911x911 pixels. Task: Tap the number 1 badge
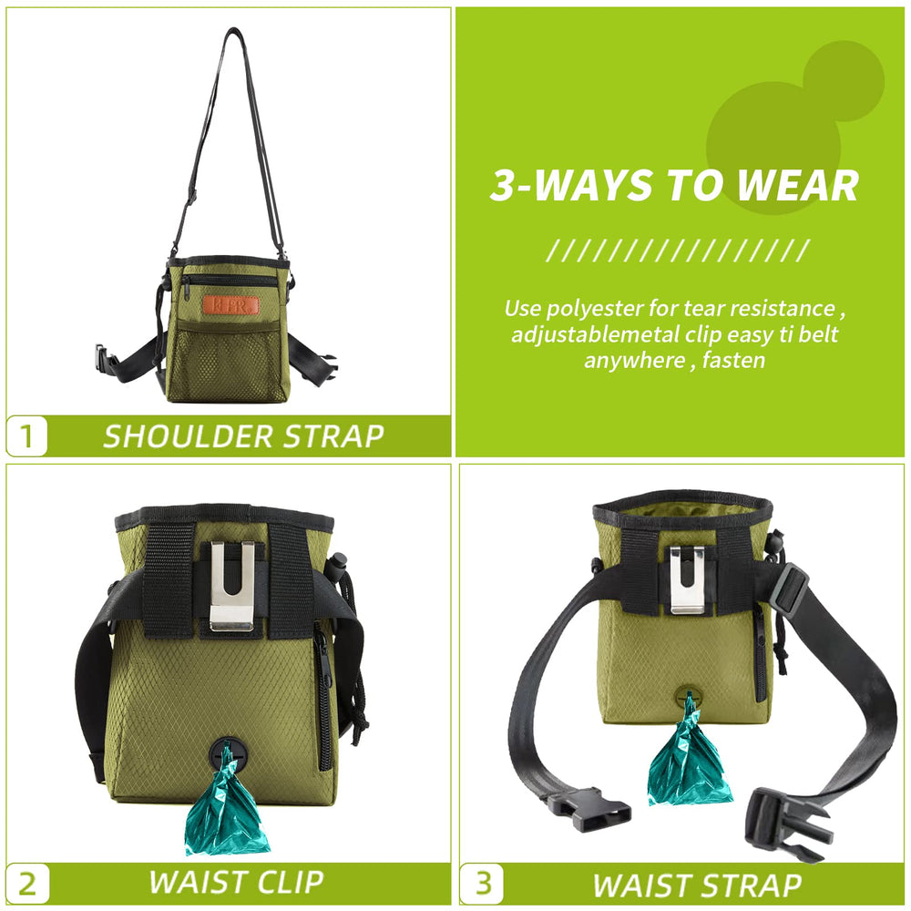click(26, 435)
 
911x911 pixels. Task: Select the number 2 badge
click(27, 884)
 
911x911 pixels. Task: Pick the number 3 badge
click(482, 884)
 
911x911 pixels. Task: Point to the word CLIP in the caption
click(290, 882)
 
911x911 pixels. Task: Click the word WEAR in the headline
click(797, 186)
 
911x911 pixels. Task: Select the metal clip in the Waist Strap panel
click(687, 579)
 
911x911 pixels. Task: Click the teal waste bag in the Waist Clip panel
click(226, 807)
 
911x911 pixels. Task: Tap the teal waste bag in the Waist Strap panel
click(689, 755)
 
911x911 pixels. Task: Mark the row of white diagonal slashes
click(678, 251)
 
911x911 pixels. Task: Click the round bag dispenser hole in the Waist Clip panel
click(228, 754)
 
